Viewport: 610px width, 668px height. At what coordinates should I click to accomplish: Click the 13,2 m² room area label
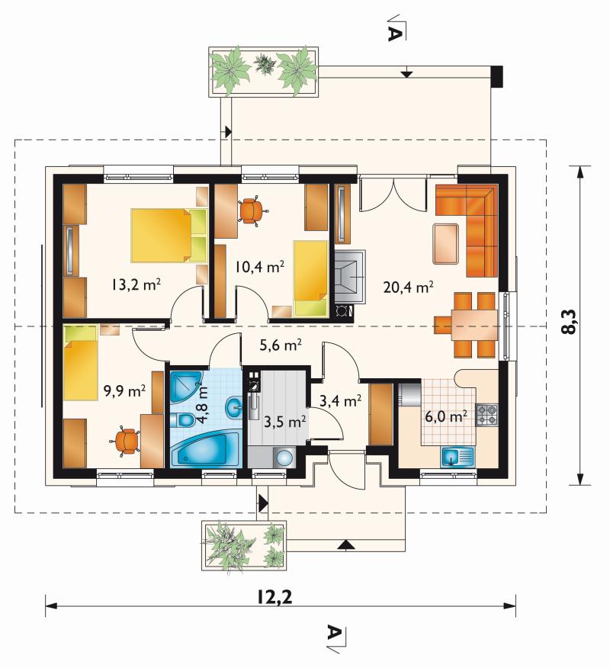point(136,284)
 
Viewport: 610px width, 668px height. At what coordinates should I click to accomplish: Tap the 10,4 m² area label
point(259,267)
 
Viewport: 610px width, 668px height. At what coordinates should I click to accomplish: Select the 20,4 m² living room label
point(408,287)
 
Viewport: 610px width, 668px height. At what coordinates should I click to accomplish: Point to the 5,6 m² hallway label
point(281,345)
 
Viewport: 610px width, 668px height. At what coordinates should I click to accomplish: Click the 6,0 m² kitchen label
point(446,416)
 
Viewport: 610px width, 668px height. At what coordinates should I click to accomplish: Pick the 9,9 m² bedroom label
point(125,390)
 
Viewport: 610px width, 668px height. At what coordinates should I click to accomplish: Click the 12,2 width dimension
point(274,597)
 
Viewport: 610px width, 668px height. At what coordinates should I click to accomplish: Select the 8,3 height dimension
point(568,322)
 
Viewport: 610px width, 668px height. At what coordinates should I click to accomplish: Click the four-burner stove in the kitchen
point(486,415)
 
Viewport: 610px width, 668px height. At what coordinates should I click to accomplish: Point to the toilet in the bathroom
point(182,420)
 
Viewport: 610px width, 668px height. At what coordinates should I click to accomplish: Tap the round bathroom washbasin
point(233,408)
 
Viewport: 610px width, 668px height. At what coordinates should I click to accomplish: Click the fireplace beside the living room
point(349,276)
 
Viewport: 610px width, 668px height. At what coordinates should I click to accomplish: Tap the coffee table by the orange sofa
point(445,244)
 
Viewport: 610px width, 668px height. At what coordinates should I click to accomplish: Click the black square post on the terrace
point(496,77)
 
